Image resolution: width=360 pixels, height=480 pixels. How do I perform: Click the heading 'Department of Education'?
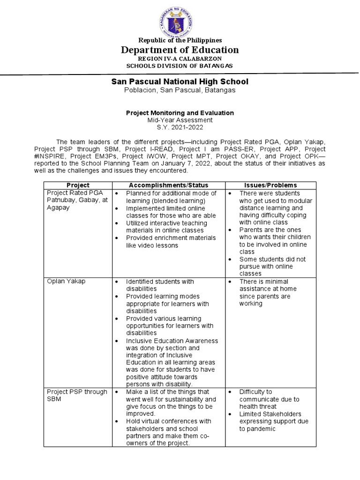[x=180, y=50]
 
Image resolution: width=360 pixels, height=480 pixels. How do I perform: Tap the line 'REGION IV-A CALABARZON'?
[x=180, y=59]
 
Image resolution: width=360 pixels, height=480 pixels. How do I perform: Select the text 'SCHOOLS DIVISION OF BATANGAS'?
[x=180, y=66]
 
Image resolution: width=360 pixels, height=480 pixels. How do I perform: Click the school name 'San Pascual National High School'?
[x=180, y=82]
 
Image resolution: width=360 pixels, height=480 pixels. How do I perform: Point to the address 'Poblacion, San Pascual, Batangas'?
[x=180, y=90]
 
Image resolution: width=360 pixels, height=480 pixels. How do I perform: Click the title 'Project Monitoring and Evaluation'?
[x=180, y=113]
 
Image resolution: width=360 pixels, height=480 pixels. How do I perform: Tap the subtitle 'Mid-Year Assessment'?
[x=180, y=120]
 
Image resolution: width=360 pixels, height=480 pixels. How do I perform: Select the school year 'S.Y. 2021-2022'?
[x=180, y=127]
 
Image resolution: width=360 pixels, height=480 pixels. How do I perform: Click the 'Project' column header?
[x=78, y=185]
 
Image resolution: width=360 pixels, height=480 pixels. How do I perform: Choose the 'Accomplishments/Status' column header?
[x=168, y=185]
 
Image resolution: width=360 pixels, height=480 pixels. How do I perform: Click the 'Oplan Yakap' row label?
[x=66, y=281]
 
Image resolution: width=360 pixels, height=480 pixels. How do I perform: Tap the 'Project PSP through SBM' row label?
[x=76, y=395]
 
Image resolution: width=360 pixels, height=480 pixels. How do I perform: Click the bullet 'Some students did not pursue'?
[x=272, y=266]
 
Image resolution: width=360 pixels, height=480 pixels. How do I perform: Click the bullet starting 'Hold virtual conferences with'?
[x=168, y=432]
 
